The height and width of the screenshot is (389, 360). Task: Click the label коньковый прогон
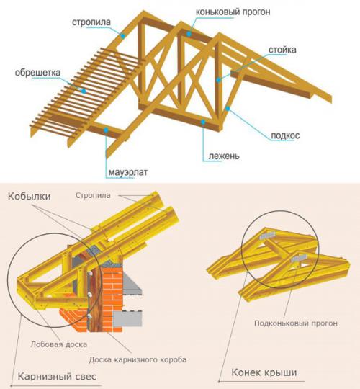tap(233, 12)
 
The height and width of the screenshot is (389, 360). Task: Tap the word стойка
tap(282, 50)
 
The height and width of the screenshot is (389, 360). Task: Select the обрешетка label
tap(37, 73)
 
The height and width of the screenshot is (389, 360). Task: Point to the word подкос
tap(285, 135)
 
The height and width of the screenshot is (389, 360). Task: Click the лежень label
tap(224, 156)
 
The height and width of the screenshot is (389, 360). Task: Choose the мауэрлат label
tap(128, 172)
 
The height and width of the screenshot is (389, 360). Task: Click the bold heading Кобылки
tap(30, 196)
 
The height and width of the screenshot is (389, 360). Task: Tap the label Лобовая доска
tap(59, 344)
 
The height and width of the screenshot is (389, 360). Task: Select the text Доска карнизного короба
tap(138, 359)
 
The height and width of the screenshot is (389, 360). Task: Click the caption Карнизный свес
tap(57, 377)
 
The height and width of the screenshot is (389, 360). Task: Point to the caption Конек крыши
tap(264, 372)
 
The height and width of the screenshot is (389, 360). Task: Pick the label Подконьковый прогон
tap(296, 323)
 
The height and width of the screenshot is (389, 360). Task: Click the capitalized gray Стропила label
tap(93, 195)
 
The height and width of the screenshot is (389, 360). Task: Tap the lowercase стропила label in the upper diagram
tap(91, 22)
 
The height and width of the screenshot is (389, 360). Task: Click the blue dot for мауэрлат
tap(106, 130)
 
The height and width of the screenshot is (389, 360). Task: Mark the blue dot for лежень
tap(203, 122)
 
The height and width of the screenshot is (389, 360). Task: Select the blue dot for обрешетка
tap(84, 91)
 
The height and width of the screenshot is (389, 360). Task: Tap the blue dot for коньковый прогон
tap(189, 34)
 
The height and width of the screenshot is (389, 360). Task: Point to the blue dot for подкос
tap(228, 108)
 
